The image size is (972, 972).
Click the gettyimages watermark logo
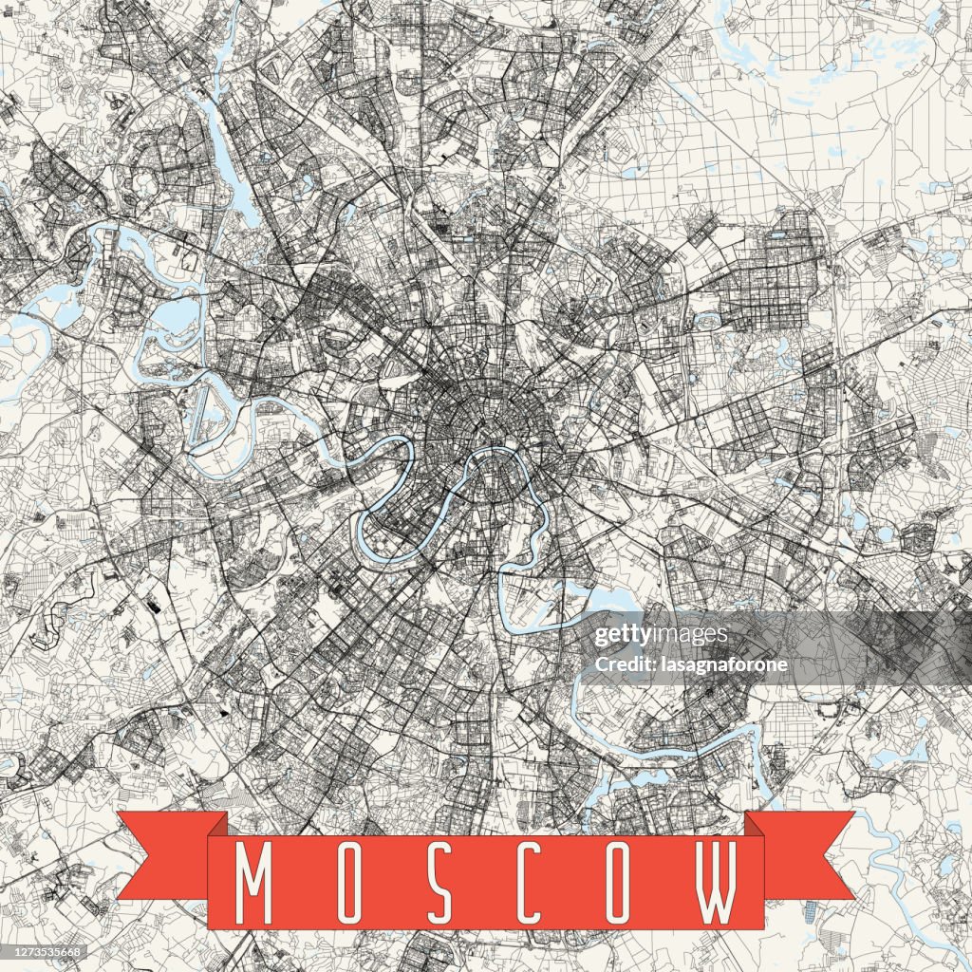pyautogui.click(x=661, y=635)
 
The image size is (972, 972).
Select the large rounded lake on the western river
pyautogui.click(x=174, y=316)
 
